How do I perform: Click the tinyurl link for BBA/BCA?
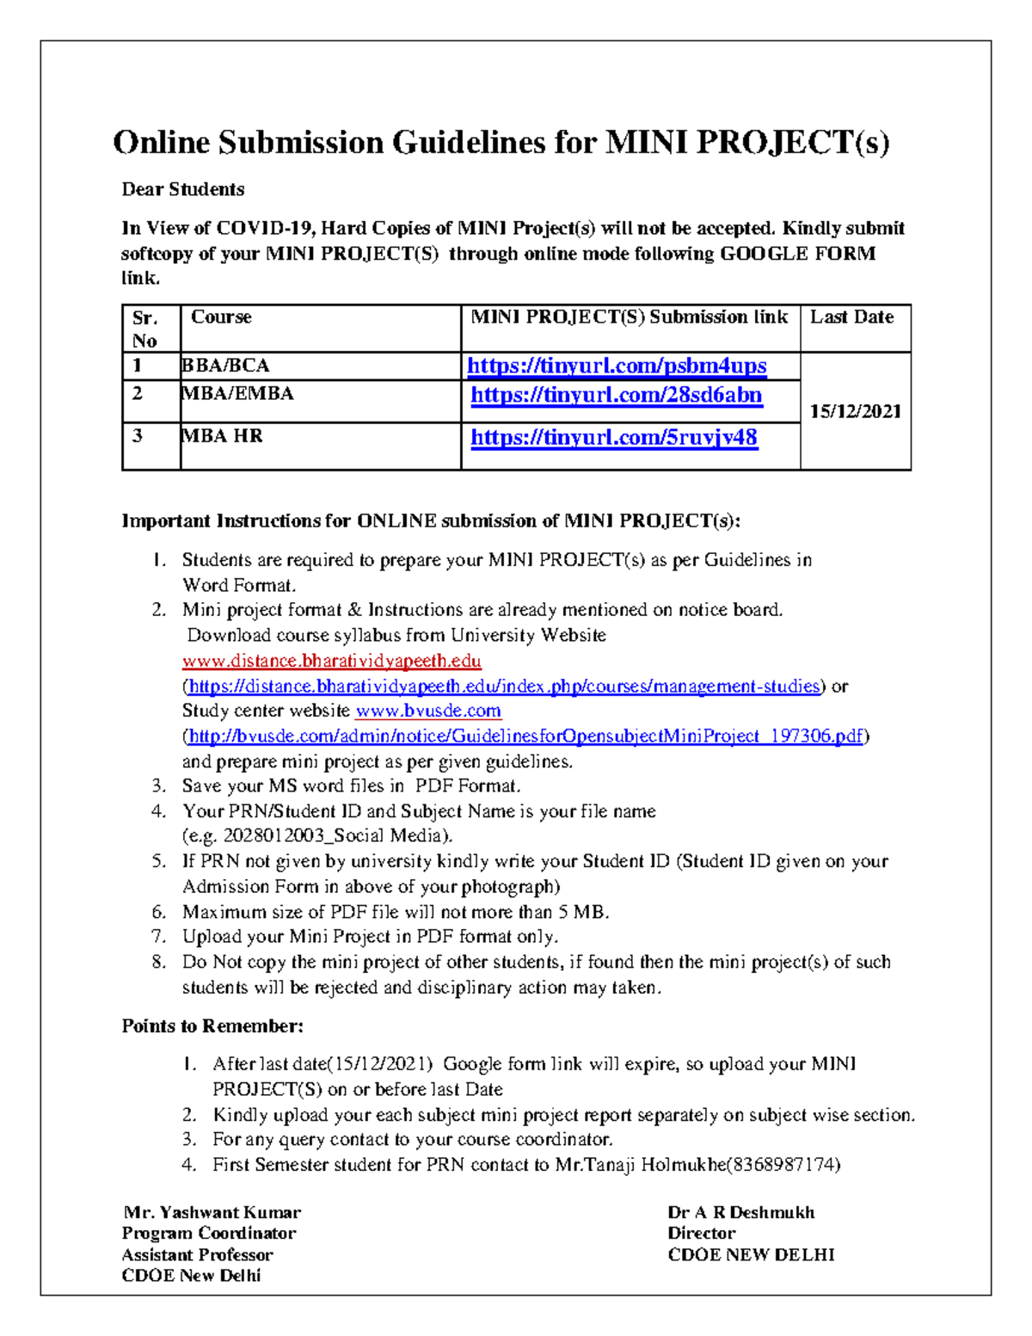(x=617, y=366)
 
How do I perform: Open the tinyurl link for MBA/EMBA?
(x=617, y=395)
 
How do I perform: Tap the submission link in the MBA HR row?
(x=614, y=437)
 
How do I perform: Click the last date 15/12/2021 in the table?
(x=855, y=411)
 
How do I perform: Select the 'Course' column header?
(x=221, y=317)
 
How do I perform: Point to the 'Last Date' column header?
(x=851, y=317)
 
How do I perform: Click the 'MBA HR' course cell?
(x=223, y=436)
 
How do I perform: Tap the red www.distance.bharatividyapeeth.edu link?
(x=331, y=661)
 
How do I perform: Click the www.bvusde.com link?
(x=428, y=711)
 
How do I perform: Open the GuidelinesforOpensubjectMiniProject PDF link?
(x=525, y=736)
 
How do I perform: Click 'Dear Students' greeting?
(x=182, y=189)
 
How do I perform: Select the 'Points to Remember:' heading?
(x=212, y=1026)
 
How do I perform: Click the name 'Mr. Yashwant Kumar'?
(x=212, y=1212)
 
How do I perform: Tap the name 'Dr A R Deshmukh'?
(x=740, y=1212)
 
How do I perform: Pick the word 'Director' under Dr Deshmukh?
(x=701, y=1233)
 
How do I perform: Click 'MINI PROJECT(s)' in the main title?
(x=746, y=143)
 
